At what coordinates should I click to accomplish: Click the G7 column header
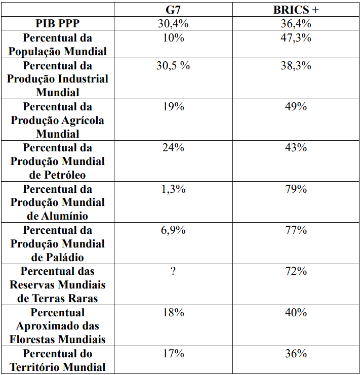[x=173, y=10]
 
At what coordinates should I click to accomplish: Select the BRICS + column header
[x=296, y=10]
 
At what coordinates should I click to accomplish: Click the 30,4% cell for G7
[x=173, y=23]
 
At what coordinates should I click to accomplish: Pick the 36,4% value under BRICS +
[x=296, y=23]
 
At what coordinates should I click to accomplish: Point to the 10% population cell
[x=173, y=38]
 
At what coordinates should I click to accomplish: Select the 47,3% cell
[x=296, y=38]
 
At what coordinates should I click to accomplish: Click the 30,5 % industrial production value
[x=173, y=66]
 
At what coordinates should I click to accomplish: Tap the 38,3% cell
[x=296, y=66]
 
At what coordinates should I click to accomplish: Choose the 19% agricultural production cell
[x=173, y=107]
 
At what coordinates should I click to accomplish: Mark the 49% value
[x=296, y=107]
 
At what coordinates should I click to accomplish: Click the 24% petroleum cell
[x=173, y=148]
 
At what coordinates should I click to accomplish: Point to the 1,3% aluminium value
[x=173, y=189]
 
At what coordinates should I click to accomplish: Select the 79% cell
[x=296, y=189]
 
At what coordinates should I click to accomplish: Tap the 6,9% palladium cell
[x=173, y=230]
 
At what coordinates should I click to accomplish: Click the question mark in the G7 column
[x=173, y=271]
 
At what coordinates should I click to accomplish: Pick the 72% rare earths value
[x=296, y=271]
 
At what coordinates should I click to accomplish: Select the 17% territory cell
[x=173, y=354]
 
